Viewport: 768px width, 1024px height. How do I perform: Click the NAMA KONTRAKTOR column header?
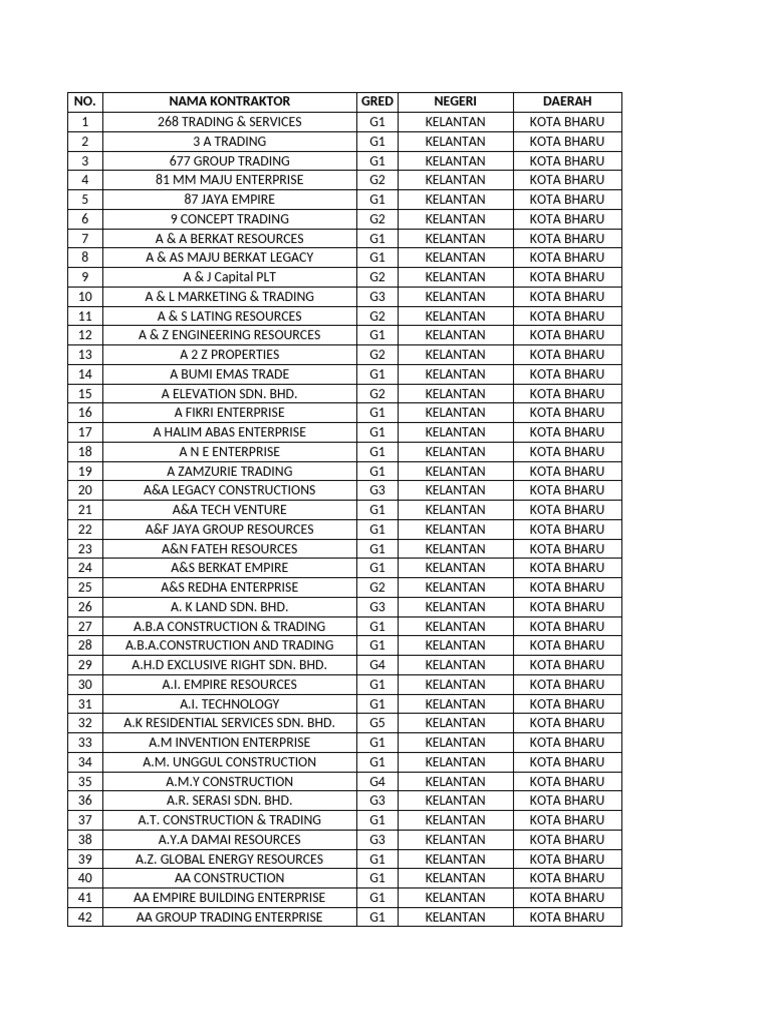click(x=229, y=102)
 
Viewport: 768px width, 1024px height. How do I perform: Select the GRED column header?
click(x=377, y=102)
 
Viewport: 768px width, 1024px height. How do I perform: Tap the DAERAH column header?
click(x=567, y=102)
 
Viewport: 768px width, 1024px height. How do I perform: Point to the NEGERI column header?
click(x=455, y=102)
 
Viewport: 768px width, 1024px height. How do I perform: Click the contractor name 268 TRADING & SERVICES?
click(x=229, y=122)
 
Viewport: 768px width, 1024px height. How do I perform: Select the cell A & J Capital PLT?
click(x=229, y=277)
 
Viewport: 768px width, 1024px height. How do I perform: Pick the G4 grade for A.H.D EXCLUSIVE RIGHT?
click(x=377, y=665)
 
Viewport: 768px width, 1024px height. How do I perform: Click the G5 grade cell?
click(x=377, y=723)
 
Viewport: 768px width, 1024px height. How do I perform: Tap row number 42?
click(x=85, y=917)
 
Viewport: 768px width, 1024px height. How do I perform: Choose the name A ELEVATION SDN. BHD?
click(x=229, y=394)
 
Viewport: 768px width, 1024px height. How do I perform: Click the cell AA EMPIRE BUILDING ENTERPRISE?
click(x=229, y=898)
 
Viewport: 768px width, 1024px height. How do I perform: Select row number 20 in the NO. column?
click(x=85, y=490)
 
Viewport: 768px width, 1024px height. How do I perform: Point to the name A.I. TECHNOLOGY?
click(x=229, y=704)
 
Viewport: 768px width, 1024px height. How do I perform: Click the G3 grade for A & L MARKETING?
click(x=377, y=297)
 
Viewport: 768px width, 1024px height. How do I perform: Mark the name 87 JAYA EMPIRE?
click(x=229, y=199)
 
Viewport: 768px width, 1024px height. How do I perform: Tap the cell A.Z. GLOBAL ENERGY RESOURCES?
click(x=229, y=859)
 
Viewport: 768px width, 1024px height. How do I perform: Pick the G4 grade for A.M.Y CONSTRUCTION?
click(x=377, y=781)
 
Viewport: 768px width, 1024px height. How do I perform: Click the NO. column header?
click(x=85, y=102)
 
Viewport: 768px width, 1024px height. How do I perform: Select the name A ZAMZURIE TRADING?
click(x=229, y=471)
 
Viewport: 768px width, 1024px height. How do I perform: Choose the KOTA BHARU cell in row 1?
click(x=567, y=122)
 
